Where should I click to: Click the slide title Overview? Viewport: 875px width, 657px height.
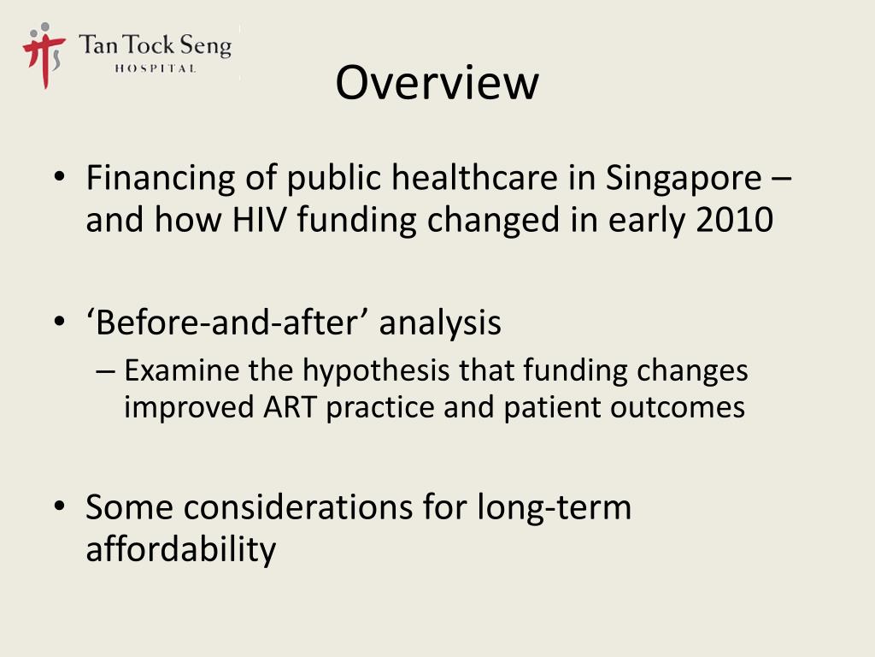(437, 83)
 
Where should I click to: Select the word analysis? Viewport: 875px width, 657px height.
(440, 323)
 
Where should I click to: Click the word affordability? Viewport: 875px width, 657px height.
(180, 549)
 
